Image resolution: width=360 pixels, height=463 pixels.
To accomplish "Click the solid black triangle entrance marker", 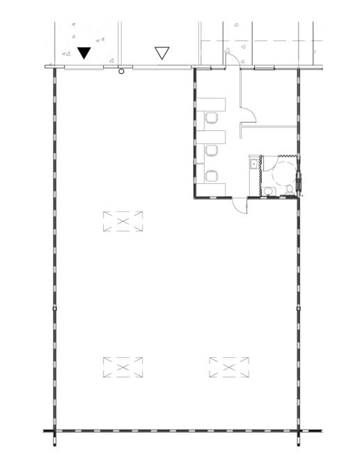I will tap(84, 52).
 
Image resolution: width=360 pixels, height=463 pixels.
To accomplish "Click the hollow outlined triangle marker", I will tap(162, 52).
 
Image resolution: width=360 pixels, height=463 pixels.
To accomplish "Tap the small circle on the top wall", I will tap(122, 70).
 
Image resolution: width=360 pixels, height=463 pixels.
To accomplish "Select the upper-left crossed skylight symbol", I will tap(123, 221).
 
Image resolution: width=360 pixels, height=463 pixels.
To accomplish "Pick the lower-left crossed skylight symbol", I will tap(123, 367).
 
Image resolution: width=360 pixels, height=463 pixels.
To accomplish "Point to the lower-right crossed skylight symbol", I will tap(229, 367).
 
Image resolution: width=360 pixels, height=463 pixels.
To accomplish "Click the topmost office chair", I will tap(211, 120).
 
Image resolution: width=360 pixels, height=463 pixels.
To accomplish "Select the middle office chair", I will tap(211, 149).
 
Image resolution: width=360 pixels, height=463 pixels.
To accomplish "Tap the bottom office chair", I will tap(211, 175).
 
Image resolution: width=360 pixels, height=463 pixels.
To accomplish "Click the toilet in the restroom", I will tap(289, 189).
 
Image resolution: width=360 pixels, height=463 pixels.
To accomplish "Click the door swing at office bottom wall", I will tap(239, 205).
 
